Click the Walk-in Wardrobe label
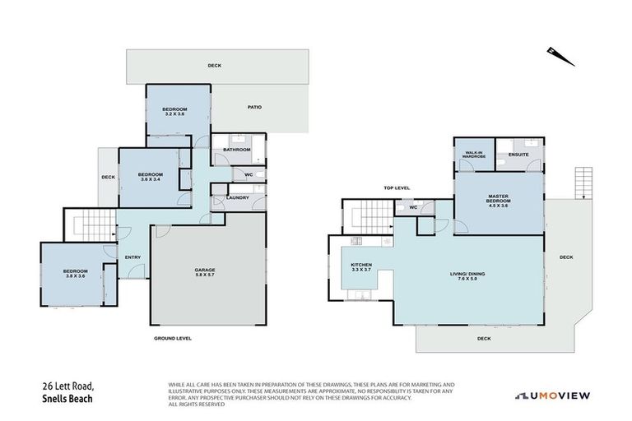pyautogui.click(x=474, y=154)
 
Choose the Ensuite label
pyautogui.click(x=518, y=154)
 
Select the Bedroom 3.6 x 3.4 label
pyautogui.click(x=150, y=178)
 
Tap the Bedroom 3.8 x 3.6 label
pyautogui.click(x=80, y=273)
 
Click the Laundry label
pyautogui.click(x=239, y=197)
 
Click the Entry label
pyautogui.click(x=132, y=257)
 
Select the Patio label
pyautogui.click(x=254, y=107)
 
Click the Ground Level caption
pyautogui.click(x=173, y=338)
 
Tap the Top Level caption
pyautogui.click(x=397, y=188)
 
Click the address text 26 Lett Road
pyautogui.click(x=70, y=386)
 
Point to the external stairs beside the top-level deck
pyautogui.click(x=583, y=183)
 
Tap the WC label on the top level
pyautogui.click(x=414, y=207)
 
